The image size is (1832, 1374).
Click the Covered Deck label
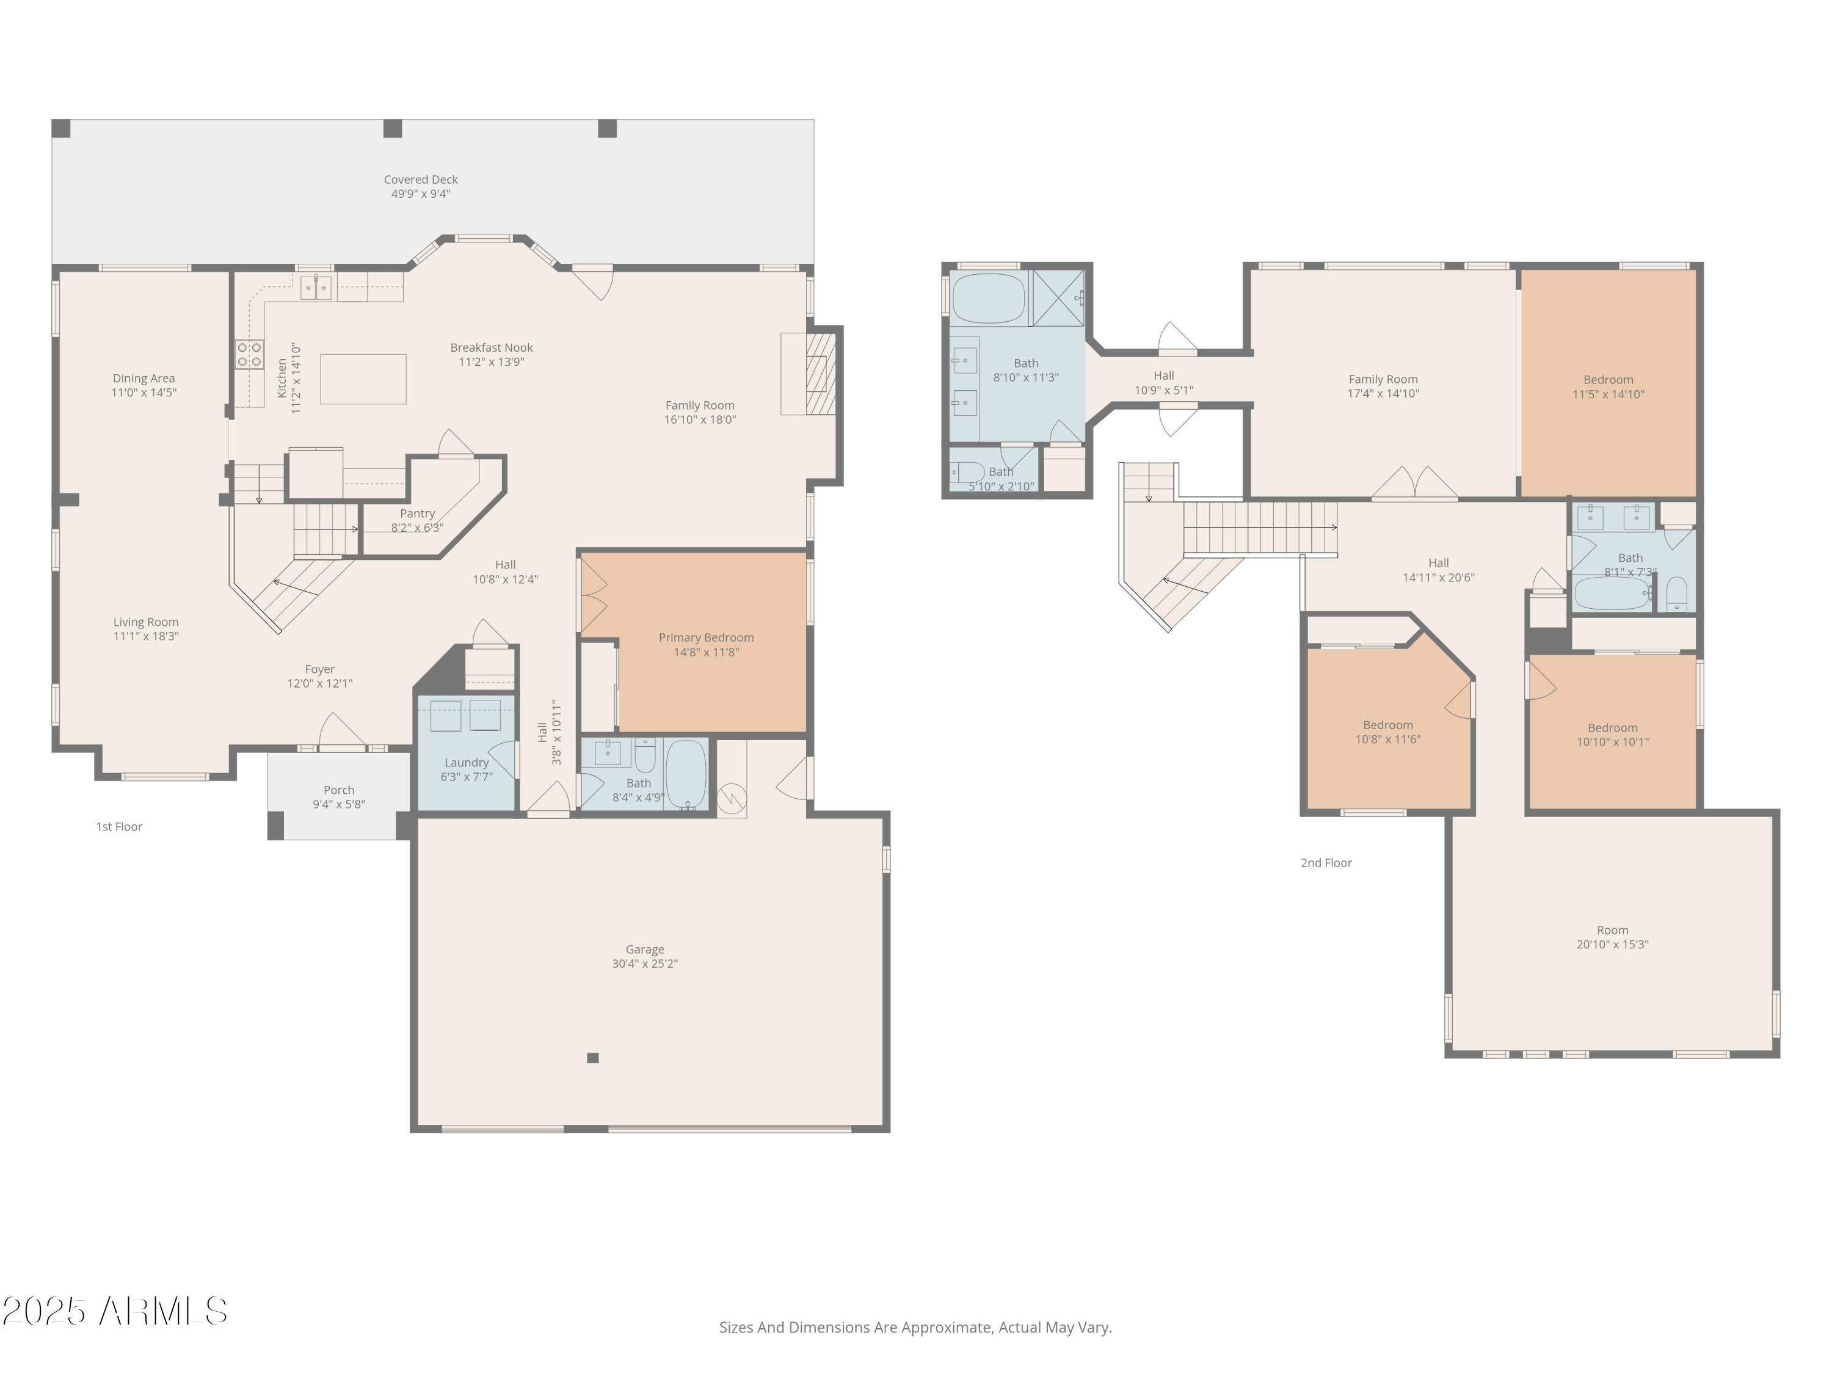(421, 180)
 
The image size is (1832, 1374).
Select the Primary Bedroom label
(706, 638)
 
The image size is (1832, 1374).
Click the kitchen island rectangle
(363, 379)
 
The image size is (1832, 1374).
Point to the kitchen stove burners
(249, 354)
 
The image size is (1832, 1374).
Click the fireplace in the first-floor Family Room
(820, 373)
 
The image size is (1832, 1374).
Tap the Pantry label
(418, 514)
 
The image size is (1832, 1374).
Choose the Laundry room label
(467, 763)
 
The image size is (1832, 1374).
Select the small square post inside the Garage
(592, 1058)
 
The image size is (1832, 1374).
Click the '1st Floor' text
(119, 827)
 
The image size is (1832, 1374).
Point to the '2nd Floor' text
(1326, 863)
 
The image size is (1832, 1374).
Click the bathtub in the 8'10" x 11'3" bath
(988, 298)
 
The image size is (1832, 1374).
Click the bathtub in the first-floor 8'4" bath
(686, 774)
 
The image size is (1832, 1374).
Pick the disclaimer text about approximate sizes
(915, 1328)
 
